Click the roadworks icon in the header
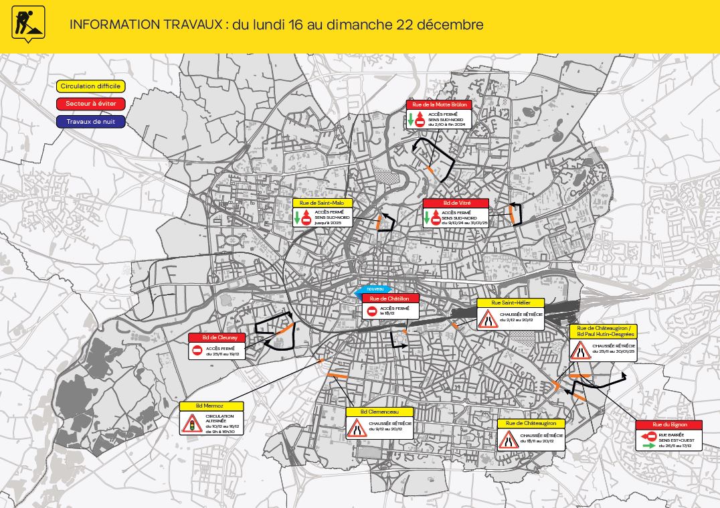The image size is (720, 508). [x=28, y=24]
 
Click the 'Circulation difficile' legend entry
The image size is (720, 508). [x=90, y=86]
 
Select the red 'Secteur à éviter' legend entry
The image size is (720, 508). [x=90, y=104]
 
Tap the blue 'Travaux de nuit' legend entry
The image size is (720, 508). [x=90, y=122]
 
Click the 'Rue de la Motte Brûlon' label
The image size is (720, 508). [x=439, y=104]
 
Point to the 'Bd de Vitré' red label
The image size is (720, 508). [x=456, y=203]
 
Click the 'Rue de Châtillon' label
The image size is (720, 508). [x=390, y=299]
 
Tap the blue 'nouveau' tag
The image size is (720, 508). [x=372, y=288]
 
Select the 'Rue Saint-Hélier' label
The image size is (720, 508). [x=511, y=303]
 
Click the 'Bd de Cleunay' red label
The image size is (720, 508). [x=217, y=338]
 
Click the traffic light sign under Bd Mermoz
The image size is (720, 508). [x=191, y=423]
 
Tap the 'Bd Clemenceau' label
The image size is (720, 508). [x=379, y=412]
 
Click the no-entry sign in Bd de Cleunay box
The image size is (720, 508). [x=197, y=351]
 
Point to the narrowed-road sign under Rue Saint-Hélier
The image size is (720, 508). [x=486, y=319]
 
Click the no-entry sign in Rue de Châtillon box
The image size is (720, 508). [x=371, y=311]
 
